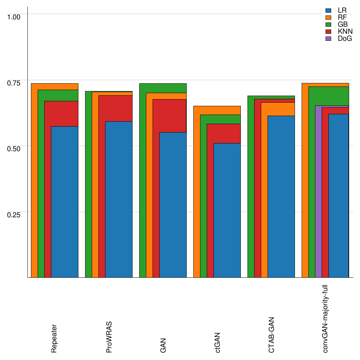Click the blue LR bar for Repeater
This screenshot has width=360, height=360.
(x=65, y=202)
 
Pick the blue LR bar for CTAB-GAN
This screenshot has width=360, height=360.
(x=281, y=197)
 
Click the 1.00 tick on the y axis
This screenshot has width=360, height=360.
(x=14, y=17)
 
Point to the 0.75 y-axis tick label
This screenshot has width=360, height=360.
(x=14, y=83)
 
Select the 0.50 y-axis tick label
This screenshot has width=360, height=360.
(x=14, y=148)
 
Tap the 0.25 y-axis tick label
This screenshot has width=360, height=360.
(x=14, y=214)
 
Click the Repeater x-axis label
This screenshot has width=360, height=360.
(x=54, y=339)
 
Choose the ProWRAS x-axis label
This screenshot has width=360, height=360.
(x=109, y=337)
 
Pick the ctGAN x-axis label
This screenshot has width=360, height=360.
(x=218, y=342)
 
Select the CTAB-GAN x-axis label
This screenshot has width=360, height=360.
(x=271, y=335)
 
